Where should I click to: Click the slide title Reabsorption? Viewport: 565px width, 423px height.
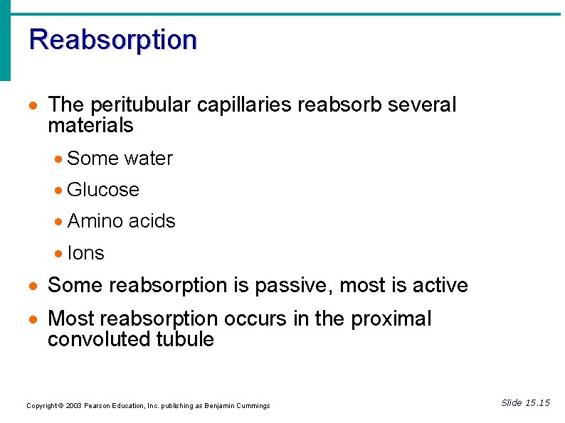113,40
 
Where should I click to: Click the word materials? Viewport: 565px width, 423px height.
90,126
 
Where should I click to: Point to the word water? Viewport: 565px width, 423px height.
149,159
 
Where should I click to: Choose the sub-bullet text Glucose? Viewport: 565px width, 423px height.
103,190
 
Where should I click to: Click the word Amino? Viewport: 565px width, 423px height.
93,221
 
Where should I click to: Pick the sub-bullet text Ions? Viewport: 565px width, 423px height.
85,253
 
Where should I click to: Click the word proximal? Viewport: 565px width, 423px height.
391,318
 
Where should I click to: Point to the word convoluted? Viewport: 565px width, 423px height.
98,340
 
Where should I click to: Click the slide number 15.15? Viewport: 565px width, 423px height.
537,403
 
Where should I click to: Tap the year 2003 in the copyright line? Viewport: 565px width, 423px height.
73,406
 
